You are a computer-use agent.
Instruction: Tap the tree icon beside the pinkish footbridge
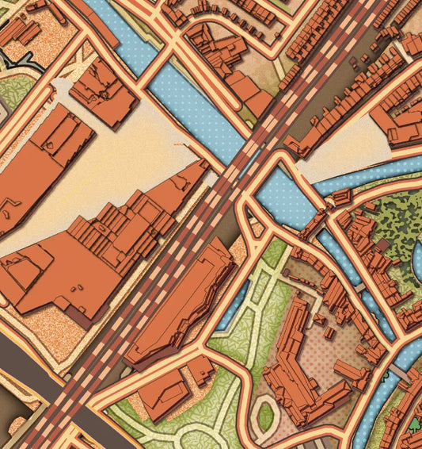(387, 379)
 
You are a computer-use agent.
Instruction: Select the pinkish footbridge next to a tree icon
(400, 371)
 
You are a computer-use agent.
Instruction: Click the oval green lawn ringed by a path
(266, 415)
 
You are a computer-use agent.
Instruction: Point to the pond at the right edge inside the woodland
(417, 262)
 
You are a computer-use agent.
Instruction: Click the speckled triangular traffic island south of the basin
(254, 227)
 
